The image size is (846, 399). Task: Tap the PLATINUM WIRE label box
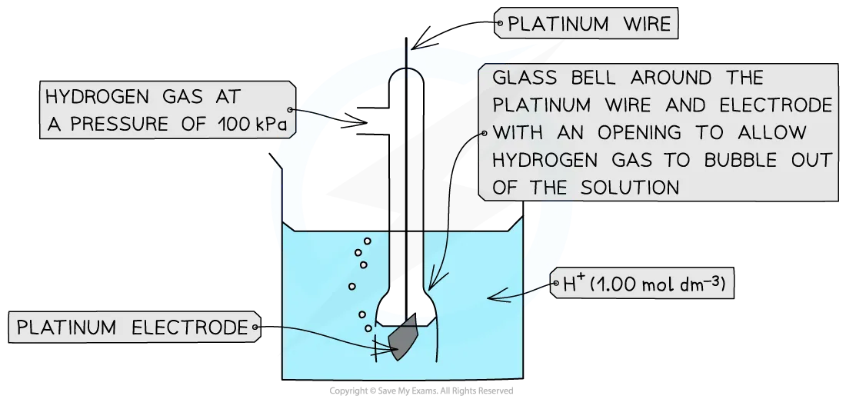tap(586, 23)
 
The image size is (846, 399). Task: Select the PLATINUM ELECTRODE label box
tap(135, 327)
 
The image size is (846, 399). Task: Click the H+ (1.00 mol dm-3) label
tap(642, 283)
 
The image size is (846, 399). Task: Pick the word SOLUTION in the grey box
tap(630, 187)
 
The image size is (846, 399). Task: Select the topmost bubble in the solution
tap(368, 241)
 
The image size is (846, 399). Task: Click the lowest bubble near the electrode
tap(368, 328)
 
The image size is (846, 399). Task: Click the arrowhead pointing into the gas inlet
tap(360, 121)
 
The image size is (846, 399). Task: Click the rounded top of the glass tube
tap(406, 74)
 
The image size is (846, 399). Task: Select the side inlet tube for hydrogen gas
tap(373, 122)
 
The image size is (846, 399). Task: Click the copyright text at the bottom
tap(421, 391)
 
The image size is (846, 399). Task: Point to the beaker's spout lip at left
tap(275, 161)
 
